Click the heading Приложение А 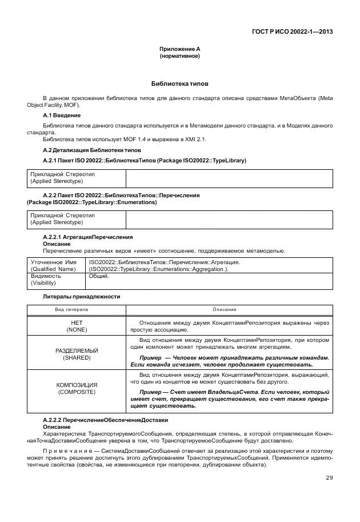click(x=179, y=50)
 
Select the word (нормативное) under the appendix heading click(x=179, y=57)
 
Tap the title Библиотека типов click(x=179, y=83)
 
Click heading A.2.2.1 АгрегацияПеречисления click(x=88, y=237)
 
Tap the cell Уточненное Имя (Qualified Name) click(x=53, y=265)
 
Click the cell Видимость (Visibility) click(x=46, y=279)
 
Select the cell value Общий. click(x=99, y=276)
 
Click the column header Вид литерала click(x=71, y=309)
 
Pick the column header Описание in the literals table click(x=224, y=309)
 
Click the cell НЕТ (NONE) click(x=76, y=326)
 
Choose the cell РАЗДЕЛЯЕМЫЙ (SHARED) click(x=76, y=353)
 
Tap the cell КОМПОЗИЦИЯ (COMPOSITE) click(x=76, y=389)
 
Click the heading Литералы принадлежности click(x=81, y=297)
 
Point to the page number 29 click(x=329, y=478)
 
